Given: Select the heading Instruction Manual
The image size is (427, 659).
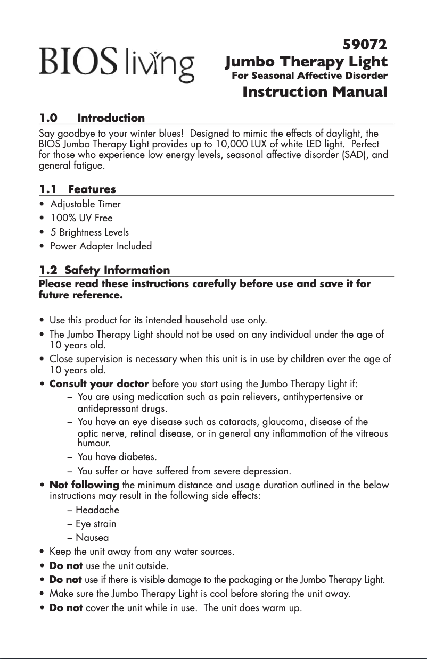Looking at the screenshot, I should (x=315, y=92).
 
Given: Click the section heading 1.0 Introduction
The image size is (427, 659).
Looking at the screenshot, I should (x=92, y=118).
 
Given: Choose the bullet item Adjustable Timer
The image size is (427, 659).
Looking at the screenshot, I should (x=85, y=204).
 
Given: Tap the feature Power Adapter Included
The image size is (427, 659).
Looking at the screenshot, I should (x=101, y=246).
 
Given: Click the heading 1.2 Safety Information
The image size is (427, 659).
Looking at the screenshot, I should (x=105, y=270).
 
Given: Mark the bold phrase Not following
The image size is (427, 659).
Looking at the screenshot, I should (x=84, y=485).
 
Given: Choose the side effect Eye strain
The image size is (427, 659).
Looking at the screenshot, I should (x=95, y=523).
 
